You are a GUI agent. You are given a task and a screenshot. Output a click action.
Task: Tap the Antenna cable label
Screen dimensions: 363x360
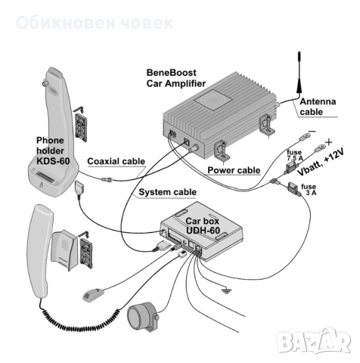pyautogui.click(x=319, y=107)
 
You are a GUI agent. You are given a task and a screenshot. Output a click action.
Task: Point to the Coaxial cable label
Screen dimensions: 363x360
pyautogui.click(x=116, y=161)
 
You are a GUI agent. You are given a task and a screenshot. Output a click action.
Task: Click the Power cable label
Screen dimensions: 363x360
pyautogui.click(x=234, y=171)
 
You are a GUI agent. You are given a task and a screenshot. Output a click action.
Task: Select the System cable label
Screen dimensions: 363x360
pyautogui.click(x=169, y=192)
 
